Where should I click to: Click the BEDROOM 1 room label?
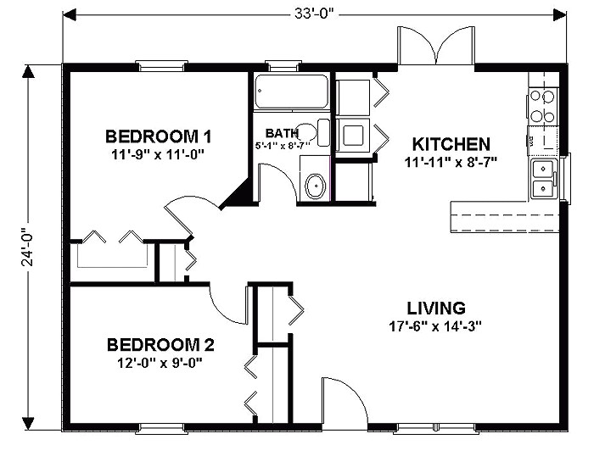click(158, 136)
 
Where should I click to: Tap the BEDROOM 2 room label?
click(160, 345)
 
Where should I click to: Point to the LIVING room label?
click(435, 308)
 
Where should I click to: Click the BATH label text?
click(281, 133)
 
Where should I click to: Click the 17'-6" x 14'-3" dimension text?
click(437, 325)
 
